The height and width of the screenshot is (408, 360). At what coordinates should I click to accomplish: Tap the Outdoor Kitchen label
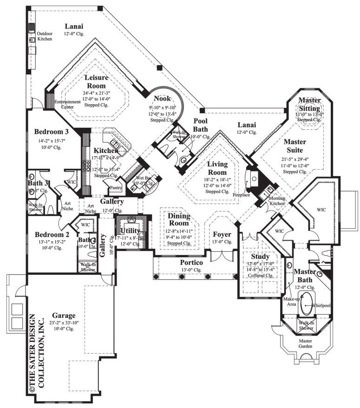(x=45, y=36)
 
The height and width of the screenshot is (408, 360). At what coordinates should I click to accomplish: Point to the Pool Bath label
(x=201, y=125)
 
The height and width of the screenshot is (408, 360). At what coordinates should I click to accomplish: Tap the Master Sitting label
(x=309, y=105)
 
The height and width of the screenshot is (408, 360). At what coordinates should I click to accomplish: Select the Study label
(x=260, y=256)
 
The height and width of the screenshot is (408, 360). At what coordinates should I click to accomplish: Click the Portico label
(x=191, y=263)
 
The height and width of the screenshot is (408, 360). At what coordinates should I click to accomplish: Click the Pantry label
(x=116, y=188)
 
